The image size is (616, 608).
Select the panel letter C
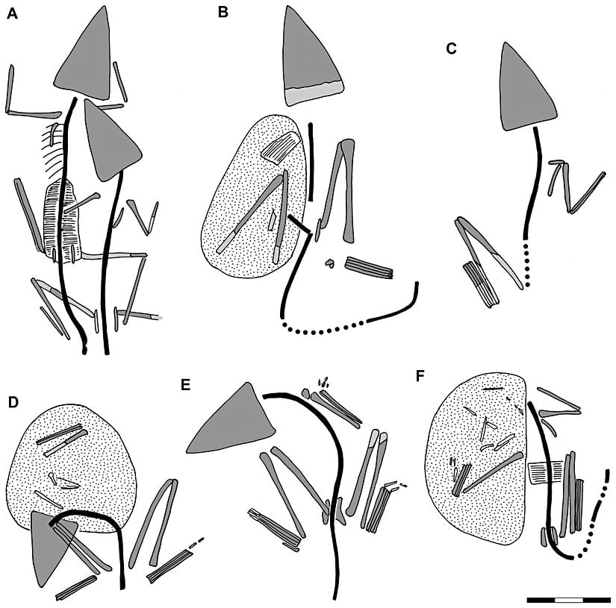(450, 49)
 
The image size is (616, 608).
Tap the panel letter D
(13, 403)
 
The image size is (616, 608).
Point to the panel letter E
(186, 385)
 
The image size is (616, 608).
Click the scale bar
(567, 599)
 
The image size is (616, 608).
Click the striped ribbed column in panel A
(61, 220)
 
